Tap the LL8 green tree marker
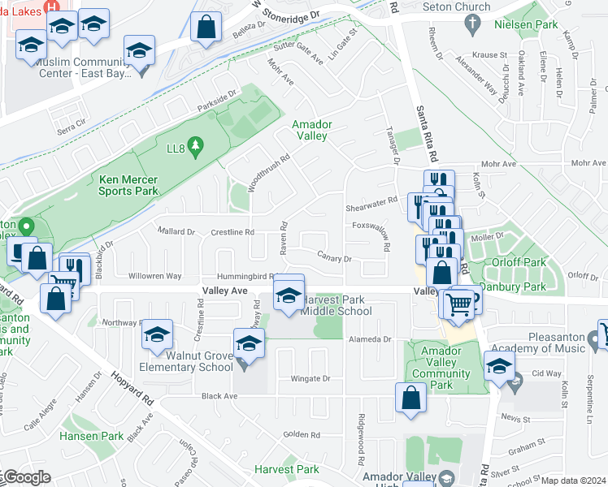coord(194,146)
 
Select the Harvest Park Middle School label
coord(337,304)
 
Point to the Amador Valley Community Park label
coord(441,367)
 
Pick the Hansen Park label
coord(92,436)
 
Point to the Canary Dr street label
coord(334,259)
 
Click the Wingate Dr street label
coord(311,378)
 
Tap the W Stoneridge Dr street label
coord(287,9)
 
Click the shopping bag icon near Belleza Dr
coord(206,27)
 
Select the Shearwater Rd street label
coord(371,200)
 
